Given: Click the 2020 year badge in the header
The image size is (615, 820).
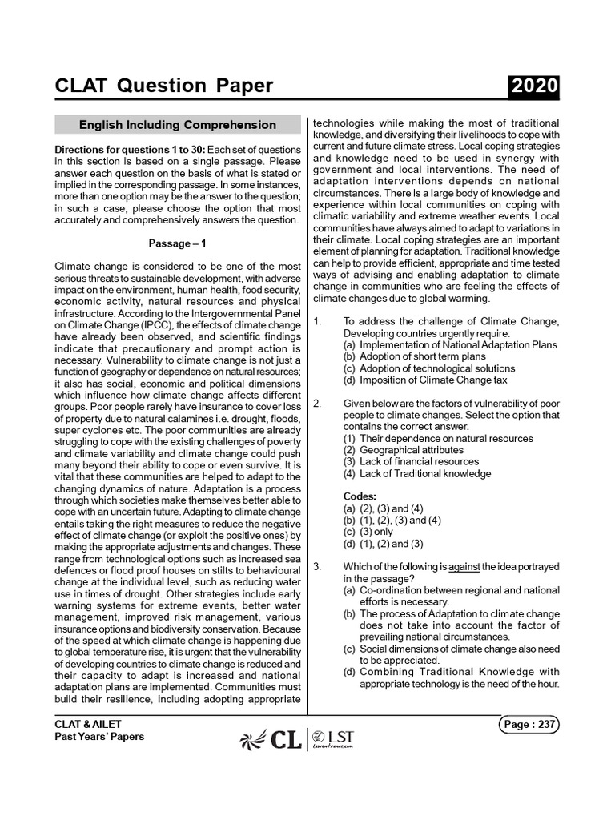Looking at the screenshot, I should (532, 86).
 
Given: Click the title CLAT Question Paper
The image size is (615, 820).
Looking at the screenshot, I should (163, 86).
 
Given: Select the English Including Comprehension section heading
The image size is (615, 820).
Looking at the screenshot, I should (177, 125).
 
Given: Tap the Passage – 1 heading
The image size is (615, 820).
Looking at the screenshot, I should (177, 243).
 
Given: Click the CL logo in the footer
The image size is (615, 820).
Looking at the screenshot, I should (272, 741).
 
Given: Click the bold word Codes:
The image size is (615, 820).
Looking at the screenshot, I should (360, 496).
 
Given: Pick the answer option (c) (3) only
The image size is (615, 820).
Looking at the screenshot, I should (368, 532).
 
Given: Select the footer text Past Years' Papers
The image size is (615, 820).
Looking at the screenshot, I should (99, 736).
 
